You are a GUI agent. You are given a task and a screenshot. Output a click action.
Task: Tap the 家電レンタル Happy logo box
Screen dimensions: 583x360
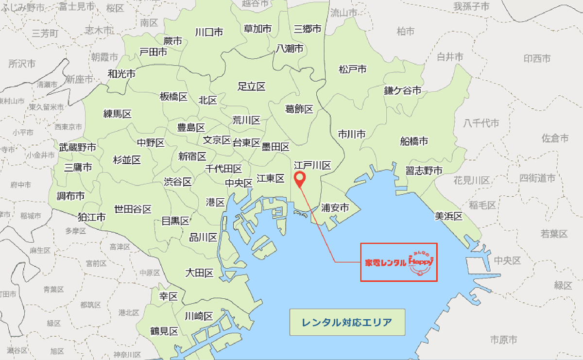pos(398,262)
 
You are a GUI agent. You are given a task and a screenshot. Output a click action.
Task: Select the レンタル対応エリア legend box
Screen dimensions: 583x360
pos(347,322)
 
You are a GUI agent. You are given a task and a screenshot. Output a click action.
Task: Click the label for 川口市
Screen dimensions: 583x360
pos(209,33)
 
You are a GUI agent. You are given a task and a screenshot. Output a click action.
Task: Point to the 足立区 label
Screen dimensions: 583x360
pos(251,87)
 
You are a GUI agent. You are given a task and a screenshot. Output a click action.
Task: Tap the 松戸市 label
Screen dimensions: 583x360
pos(353,69)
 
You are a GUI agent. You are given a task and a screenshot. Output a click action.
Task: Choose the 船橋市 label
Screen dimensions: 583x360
pos(414,141)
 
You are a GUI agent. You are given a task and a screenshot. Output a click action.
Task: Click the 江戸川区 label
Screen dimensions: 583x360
pos(312,166)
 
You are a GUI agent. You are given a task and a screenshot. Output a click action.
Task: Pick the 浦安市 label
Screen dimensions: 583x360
pos(335,208)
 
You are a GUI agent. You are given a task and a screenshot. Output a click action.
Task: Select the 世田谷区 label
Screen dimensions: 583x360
pos(133,209)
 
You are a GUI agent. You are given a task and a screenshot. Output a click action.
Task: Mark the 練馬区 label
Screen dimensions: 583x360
pos(117,114)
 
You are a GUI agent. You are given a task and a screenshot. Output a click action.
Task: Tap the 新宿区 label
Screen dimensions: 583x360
pos(192,156)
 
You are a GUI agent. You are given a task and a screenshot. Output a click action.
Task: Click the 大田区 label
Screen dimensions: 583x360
pos(199,273)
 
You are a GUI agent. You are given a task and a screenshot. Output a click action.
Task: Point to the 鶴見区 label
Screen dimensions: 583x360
pos(164,332)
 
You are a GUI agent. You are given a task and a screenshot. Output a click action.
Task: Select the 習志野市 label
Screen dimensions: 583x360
pos(424,171)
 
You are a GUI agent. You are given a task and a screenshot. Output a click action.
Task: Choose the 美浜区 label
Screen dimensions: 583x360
pos(448,216)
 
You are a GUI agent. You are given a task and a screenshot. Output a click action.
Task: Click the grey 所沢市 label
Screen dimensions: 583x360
pos(22,64)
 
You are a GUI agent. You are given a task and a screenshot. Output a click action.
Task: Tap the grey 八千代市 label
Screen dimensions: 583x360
pos(481,123)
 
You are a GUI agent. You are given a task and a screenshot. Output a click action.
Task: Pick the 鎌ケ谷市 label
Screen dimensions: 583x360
pos(402,91)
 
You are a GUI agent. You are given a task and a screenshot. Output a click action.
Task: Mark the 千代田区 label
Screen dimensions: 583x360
pos(223,169)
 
